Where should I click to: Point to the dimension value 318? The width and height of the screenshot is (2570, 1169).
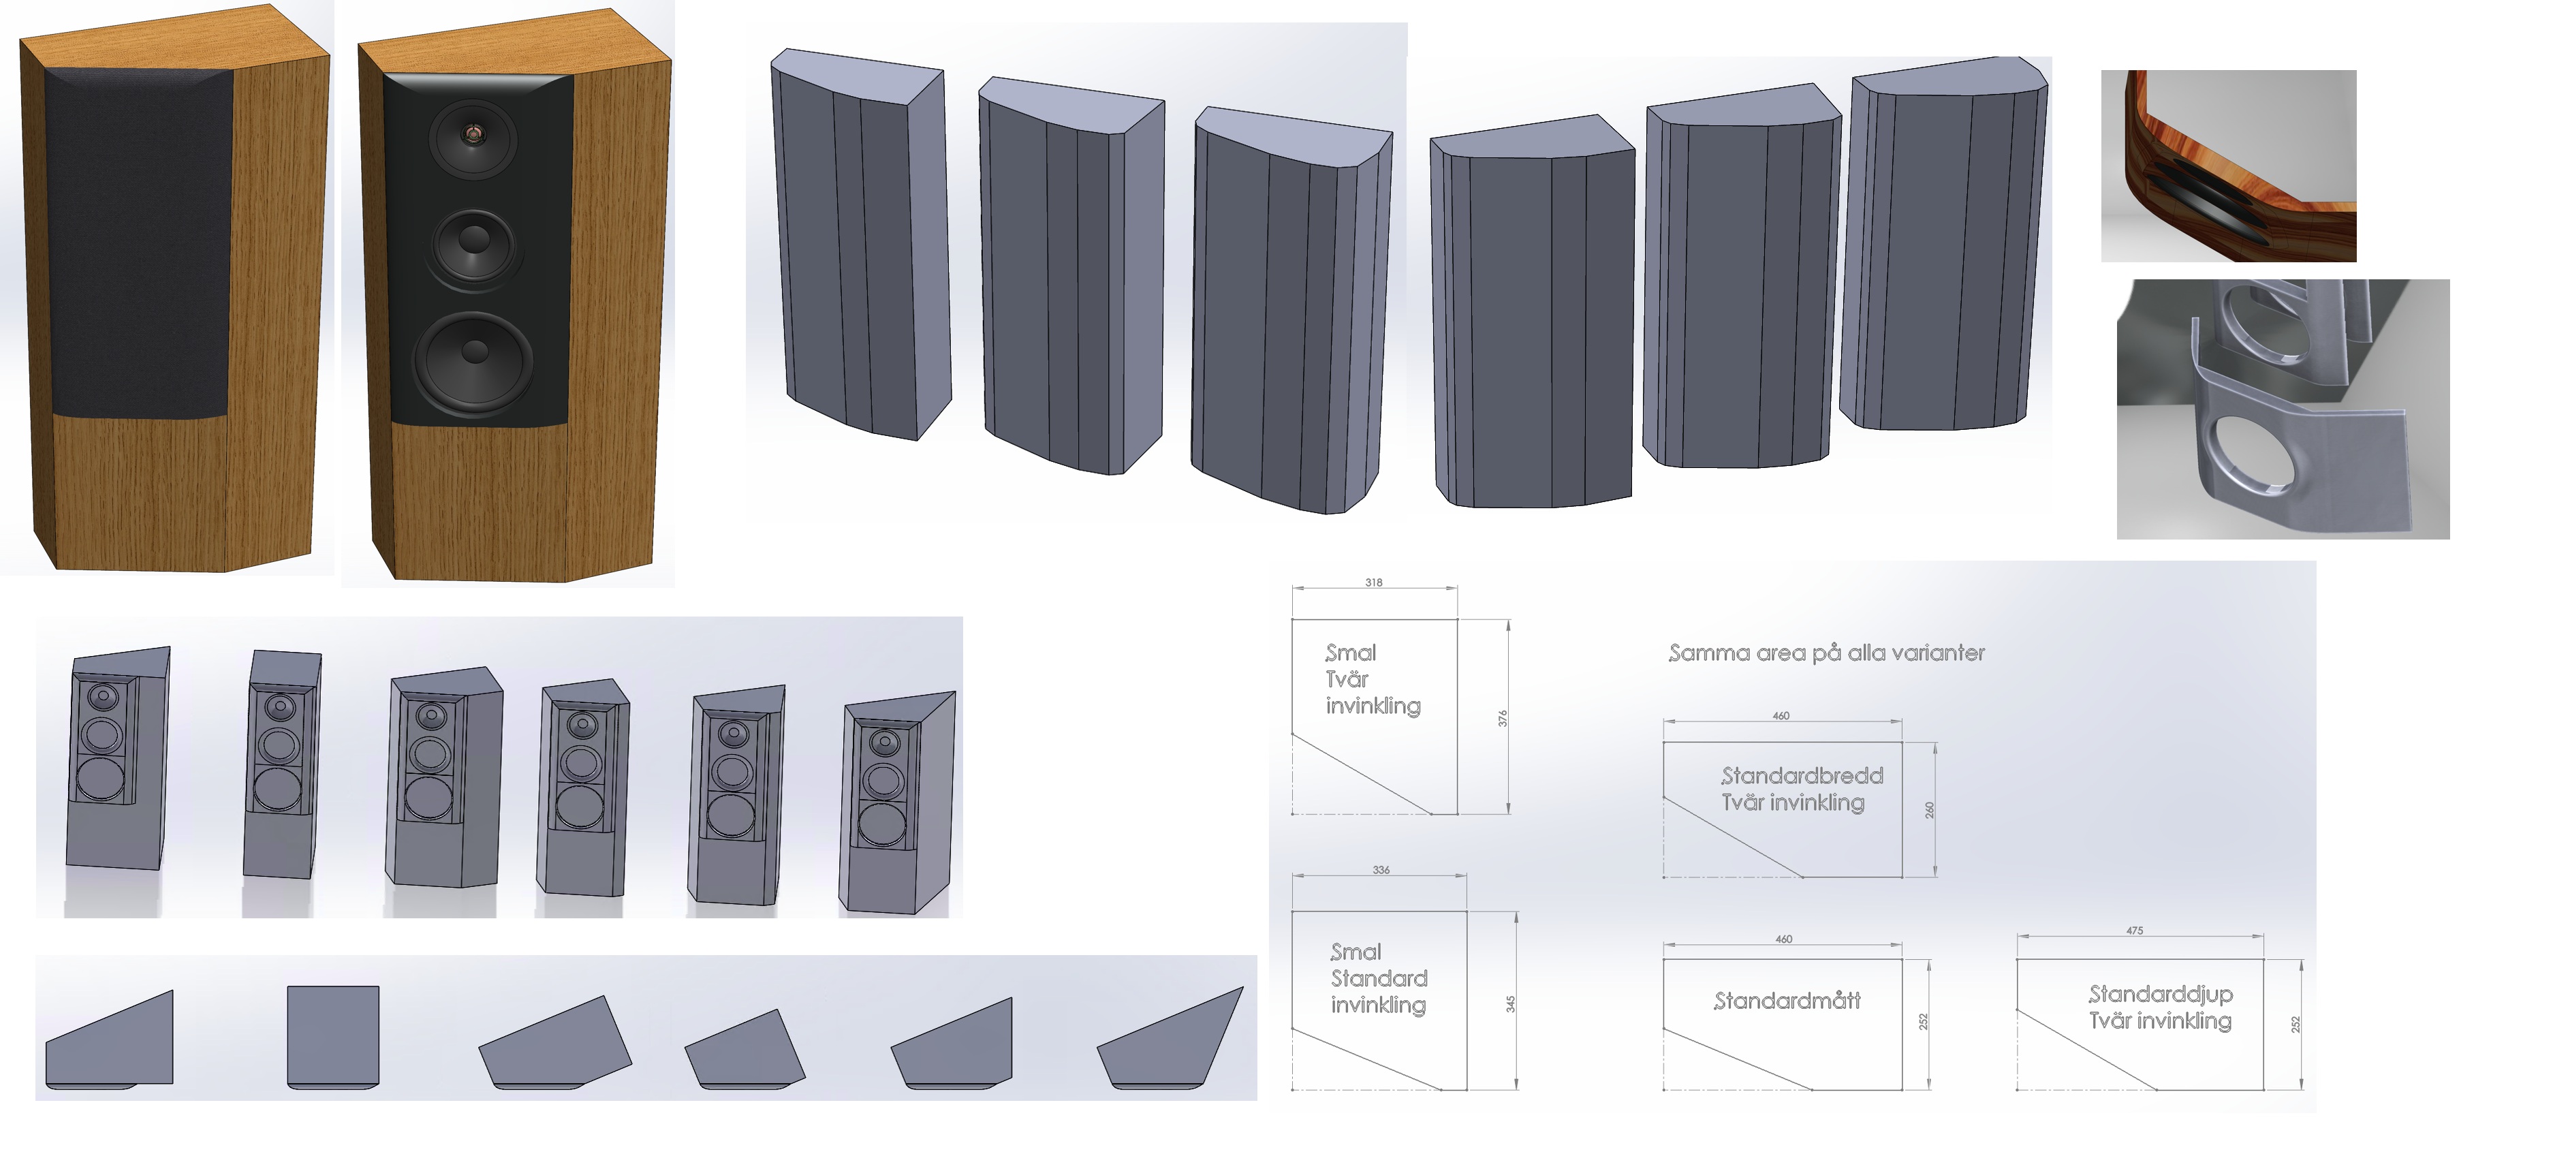click(x=1374, y=582)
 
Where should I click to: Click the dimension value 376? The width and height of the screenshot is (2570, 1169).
click(x=1503, y=718)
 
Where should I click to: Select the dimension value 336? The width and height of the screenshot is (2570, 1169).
click(x=1381, y=870)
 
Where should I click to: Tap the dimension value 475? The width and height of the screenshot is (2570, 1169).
click(x=2134, y=931)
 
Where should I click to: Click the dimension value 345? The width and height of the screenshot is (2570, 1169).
click(x=1511, y=1003)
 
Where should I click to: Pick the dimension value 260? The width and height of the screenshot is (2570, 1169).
click(x=1930, y=810)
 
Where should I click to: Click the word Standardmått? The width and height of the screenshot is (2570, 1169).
click(x=1787, y=1001)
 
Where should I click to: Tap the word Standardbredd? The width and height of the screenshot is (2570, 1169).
click(x=1802, y=775)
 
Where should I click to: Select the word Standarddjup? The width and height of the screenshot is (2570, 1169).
click(x=2161, y=995)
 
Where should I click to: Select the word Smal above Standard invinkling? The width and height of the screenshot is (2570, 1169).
click(x=1355, y=952)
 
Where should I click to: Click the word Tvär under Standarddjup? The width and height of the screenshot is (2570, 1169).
click(x=2110, y=1020)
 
